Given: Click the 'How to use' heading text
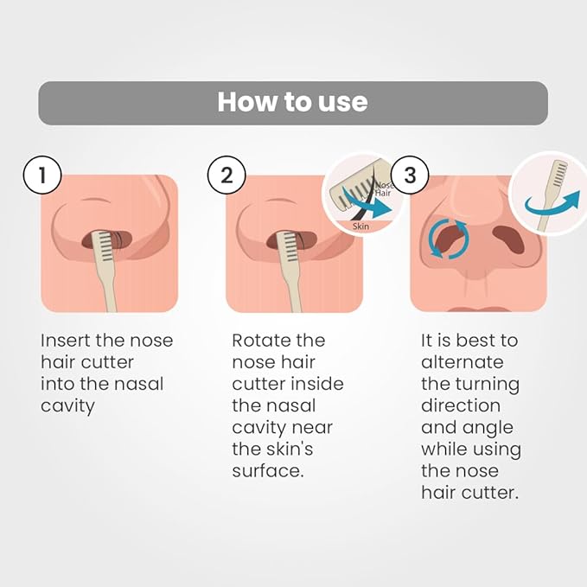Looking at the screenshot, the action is [293, 102].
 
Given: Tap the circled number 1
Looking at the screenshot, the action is [42, 175].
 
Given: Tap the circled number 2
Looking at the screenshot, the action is [227, 175].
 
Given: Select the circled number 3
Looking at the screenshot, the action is [410, 175].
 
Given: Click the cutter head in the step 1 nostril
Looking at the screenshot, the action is [106, 246].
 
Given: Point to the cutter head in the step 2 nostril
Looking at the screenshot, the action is [290, 246].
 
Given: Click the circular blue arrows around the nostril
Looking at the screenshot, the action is [449, 239].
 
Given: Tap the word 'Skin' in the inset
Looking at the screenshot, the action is [360, 227].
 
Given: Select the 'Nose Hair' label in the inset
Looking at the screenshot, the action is [383, 189].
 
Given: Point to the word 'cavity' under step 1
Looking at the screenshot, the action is [67, 406].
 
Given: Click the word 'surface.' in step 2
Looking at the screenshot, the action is [268, 471].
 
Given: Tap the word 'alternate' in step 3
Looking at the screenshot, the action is [463, 362].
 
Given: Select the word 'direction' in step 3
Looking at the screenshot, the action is [461, 405].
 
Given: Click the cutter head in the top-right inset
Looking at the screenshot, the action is [558, 173].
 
